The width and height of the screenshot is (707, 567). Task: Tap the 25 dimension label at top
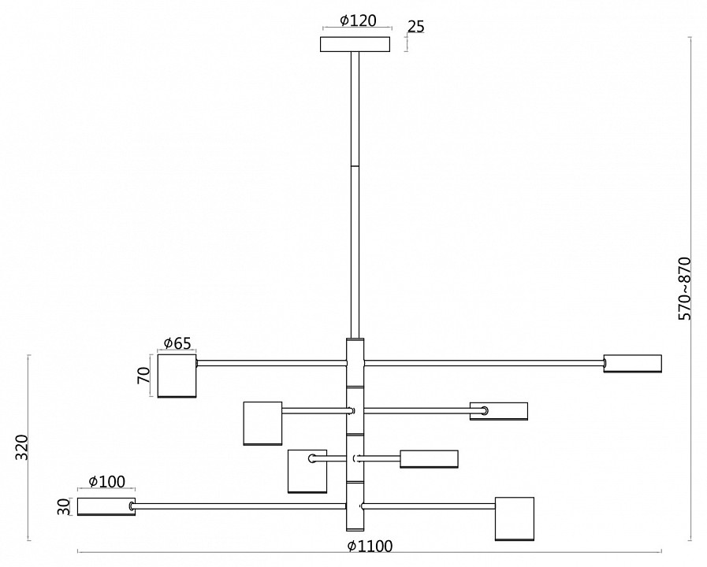[416, 27]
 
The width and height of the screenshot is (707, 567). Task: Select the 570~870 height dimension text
[684, 287]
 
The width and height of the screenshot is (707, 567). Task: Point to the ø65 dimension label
[177, 343]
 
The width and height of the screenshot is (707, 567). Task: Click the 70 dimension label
[143, 374]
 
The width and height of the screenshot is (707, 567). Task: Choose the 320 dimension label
[21, 448]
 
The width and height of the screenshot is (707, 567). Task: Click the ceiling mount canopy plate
[355, 44]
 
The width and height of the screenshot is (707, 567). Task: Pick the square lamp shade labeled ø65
[177, 376]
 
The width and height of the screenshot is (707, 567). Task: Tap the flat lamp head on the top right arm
[633, 363]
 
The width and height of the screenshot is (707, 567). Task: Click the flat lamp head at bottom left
[105, 506]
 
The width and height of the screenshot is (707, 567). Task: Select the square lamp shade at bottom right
[514, 518]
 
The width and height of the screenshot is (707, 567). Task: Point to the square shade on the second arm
[262, 424]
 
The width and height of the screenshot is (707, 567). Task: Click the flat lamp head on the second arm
[499, 410]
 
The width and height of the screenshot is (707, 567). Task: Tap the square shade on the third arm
[307, 471]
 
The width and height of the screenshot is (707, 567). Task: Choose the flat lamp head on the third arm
[429, 458]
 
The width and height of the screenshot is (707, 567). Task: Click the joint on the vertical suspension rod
[355, 165]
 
